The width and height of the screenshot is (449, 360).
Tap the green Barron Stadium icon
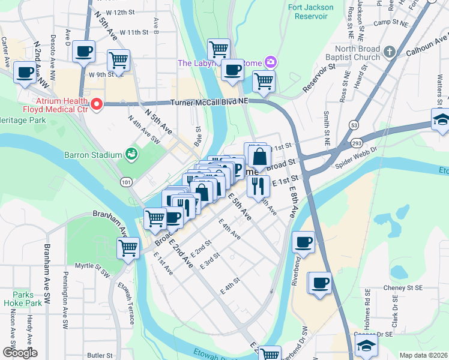[x=131, y=155]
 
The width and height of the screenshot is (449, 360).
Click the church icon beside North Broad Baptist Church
[x=389, y=52]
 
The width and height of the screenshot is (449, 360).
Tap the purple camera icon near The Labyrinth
[x=271, y=62]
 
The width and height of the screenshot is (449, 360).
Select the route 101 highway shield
[x=125, y=181]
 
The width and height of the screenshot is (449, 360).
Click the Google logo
[x=19, y=352]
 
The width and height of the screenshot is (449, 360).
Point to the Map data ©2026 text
[x=423, y=355]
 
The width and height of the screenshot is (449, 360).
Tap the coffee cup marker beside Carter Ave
[x=25, y=73]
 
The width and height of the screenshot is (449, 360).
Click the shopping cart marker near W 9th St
[x=119, y=60]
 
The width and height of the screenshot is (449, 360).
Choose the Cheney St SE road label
[x=400, y=287]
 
